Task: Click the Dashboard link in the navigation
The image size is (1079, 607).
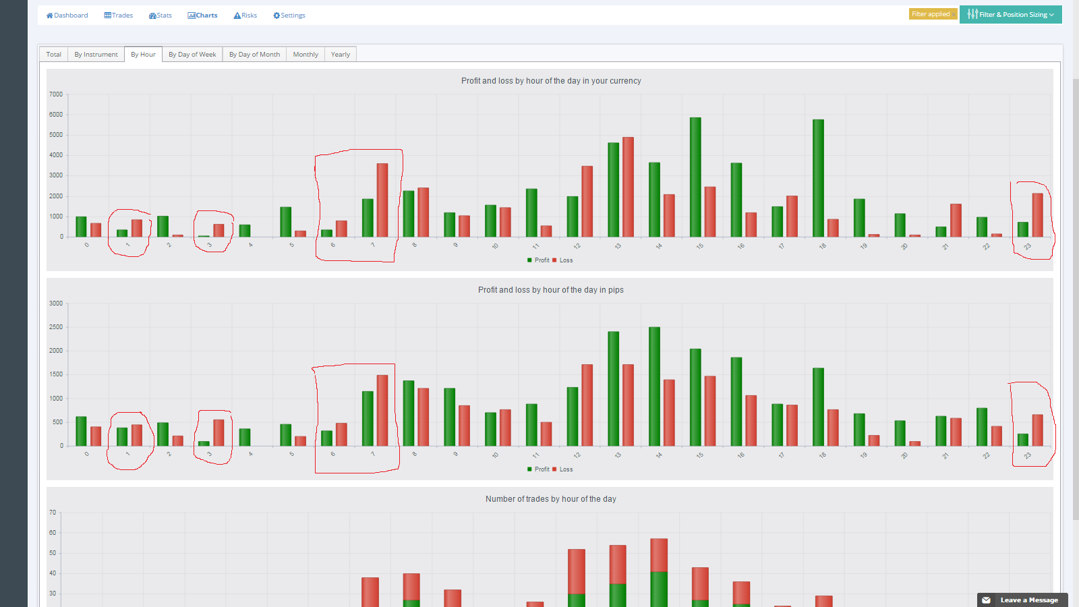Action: click(67, 16)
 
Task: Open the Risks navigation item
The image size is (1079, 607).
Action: click(245, 16)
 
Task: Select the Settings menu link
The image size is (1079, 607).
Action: click(289, 16)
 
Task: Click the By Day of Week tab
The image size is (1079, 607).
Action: click(192, 55)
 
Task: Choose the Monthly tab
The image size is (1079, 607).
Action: click(305, 55)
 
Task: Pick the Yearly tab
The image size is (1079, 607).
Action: click(340, 55)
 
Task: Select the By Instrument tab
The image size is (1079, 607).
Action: click(96, 55)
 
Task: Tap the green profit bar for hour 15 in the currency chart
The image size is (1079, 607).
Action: click(695, 177)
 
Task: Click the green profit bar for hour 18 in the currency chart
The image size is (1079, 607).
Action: click(818, 178)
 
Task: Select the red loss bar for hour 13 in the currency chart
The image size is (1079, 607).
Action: click(628, 187)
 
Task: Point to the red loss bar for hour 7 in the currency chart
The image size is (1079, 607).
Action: click(382, 200)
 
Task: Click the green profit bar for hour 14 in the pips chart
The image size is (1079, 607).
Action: click(654, 386)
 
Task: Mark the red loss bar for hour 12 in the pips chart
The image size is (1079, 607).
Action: click(587, 405)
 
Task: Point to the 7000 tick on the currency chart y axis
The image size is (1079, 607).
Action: click(56, 94)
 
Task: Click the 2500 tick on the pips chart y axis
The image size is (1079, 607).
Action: click(56, 327)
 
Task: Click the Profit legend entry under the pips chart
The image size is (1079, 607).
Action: click(538, 469)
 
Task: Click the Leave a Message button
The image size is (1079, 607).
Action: click(1022, 600)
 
